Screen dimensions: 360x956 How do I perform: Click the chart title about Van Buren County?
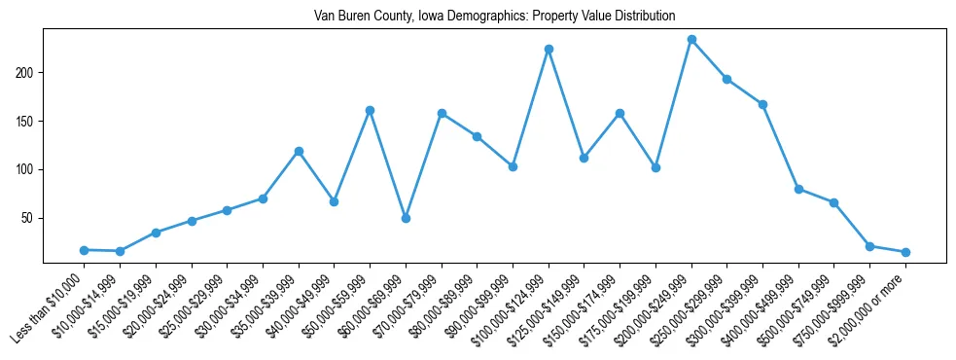(494, 17)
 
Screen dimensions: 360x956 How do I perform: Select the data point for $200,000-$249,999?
(691, 40)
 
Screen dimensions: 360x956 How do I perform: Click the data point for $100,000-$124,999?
(549, 49)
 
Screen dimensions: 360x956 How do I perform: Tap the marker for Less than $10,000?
(85, 250)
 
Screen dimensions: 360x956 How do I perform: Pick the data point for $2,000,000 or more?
(905, 252)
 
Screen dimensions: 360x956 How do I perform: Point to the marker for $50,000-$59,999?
(370, 110)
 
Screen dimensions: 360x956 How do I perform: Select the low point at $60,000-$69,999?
(406, 218)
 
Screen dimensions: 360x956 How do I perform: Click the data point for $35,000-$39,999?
(299, 151)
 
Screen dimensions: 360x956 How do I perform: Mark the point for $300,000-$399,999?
(762, 104)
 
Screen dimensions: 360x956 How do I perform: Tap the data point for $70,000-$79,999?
(442, 113)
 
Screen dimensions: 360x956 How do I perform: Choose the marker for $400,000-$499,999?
(798, 189)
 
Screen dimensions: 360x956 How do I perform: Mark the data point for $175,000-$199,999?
(655, 167)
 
